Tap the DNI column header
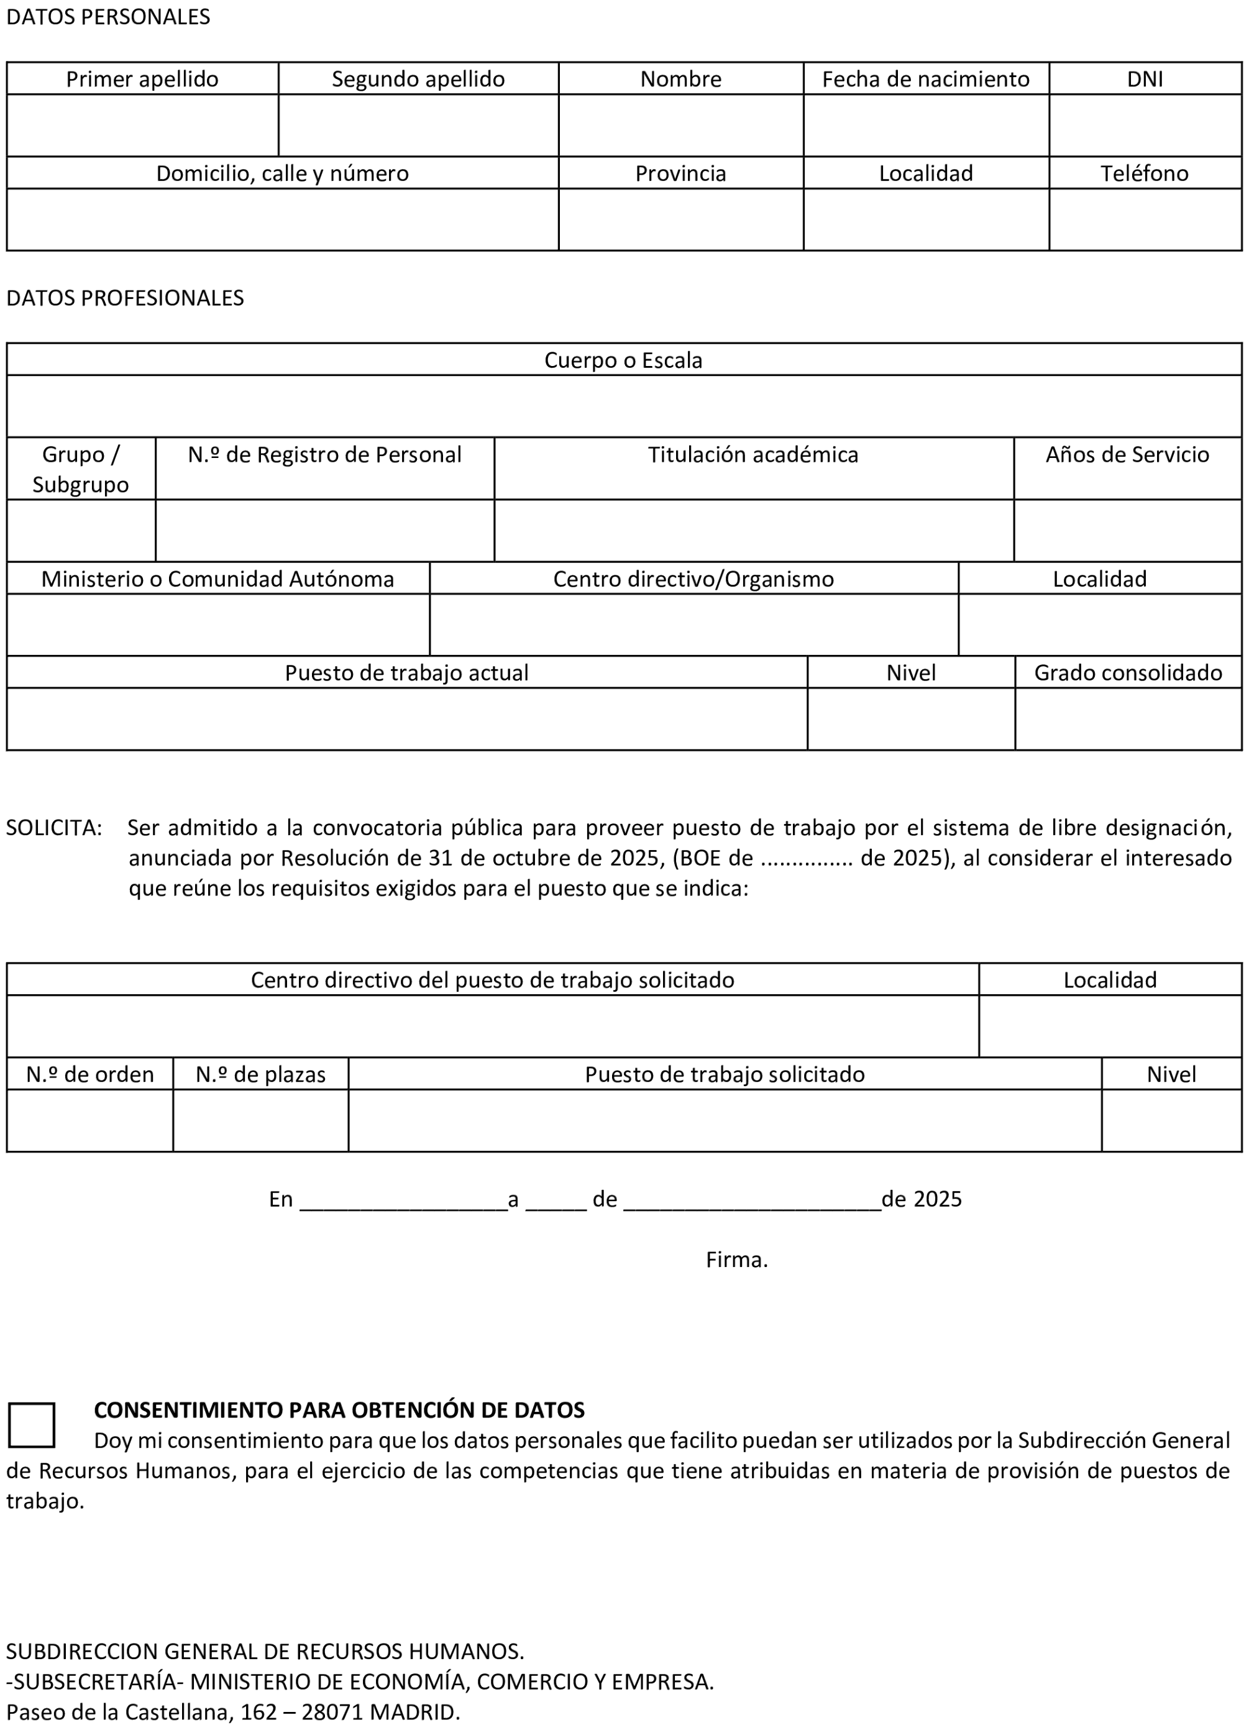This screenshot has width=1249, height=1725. click(x=1144, y=79)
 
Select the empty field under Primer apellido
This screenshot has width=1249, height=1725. click(x=142, y=126)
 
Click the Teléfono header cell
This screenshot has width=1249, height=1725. click(x=1144, y=173)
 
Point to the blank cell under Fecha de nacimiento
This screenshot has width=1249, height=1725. click(x=926, y=126)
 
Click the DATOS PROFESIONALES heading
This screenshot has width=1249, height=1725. click(x=125, y=298)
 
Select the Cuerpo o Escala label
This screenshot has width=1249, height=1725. click(x=623, y=360)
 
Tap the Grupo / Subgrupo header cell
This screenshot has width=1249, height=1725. click(x=81, y=469)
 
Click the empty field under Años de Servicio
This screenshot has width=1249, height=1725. click(x=1127, y=531)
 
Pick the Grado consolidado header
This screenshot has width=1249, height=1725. click(x=1127, y=672)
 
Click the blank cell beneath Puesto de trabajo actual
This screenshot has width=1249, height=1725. click(x=406, y=719)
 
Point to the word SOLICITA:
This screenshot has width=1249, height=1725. click(x=54, y=828)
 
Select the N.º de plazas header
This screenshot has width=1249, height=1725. click(x=260, y=1074)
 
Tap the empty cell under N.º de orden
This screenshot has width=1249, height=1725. click(x=89, y=1120)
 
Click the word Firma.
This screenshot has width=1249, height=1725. click(x=736, y=1260)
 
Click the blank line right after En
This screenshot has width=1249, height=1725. click(x=403, y=1200)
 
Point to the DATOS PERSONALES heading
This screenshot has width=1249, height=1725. click(x=108, y=17)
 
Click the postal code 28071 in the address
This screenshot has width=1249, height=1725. click(x=332, y=1712)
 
